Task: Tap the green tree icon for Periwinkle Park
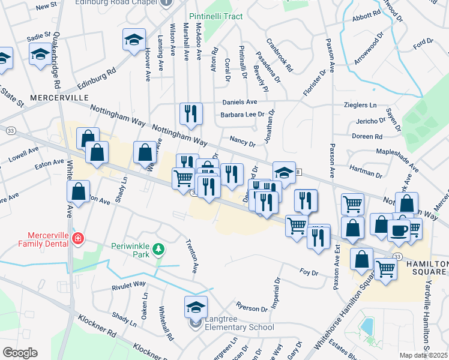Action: pyautogui.click(x=158, y=248)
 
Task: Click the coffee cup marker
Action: pyautogui.click(x=399, y=229)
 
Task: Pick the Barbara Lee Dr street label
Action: pyautogui.click(x=243, y=114)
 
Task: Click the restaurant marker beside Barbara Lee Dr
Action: pyautogui.click(x=191, y=113)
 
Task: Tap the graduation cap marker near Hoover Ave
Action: pyautogui.click(x=134, y=41)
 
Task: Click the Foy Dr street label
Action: pyautogui.click(x=309, y=272)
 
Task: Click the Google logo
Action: pyautogui.click(x=20, y=352)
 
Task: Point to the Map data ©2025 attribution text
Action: pyautogui.click(x=423, y=355)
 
